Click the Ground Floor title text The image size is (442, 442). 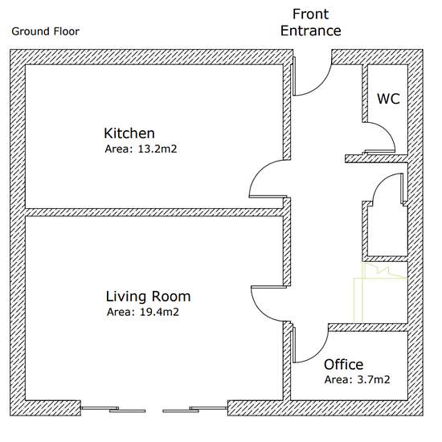pos(45,31)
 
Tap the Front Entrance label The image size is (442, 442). pos(311,23)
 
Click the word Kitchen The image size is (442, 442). pos(129,133)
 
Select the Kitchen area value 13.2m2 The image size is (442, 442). pos(158,149)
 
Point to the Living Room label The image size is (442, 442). pos(149,297)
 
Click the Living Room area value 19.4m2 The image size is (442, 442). pos(159,312)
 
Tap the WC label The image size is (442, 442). pos(388,99)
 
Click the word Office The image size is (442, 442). pos(344,365)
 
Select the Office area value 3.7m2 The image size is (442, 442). pos(374,379)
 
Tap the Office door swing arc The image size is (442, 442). pos(320,352)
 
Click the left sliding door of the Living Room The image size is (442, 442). pos(113,409)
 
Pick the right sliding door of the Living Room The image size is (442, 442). pos(195,409)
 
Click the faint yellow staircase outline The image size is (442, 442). pos(381,293)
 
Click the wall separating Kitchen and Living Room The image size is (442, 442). pos(154,212)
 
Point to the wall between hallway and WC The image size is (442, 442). pos(365,93)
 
